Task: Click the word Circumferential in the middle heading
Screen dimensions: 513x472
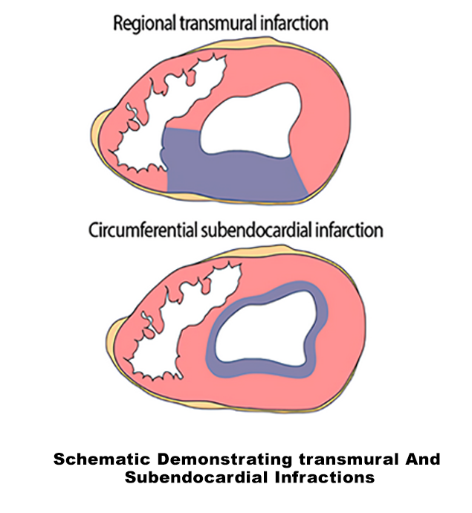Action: click(x=143, y=229)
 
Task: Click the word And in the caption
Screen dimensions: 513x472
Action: click(x=419, y=459)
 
